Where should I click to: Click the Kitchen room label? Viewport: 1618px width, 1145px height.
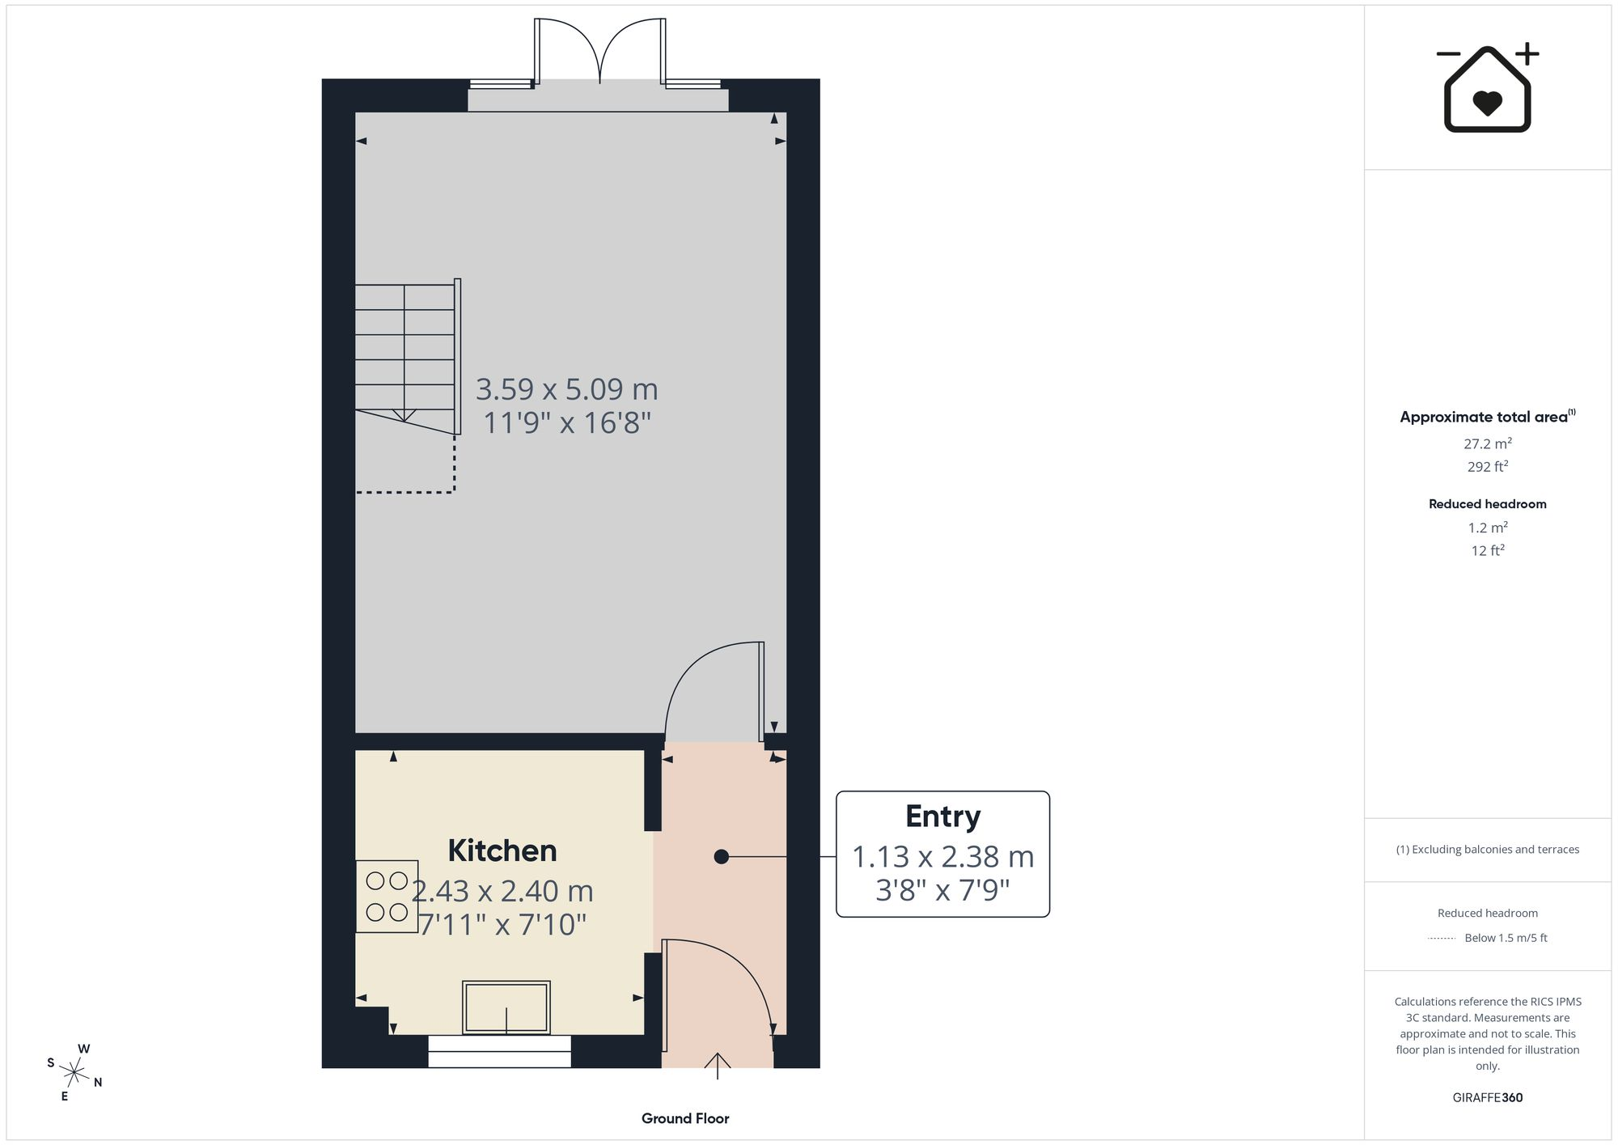(x=502, y=850)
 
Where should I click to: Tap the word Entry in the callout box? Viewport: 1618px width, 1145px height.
(x=942, y=816)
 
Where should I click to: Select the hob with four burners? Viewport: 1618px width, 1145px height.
(x=387, y=896)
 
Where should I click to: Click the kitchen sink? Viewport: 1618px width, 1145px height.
(x=506, y=1007)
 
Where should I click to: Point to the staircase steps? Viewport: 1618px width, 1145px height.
(x=404, y=356)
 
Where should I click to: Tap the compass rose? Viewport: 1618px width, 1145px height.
(x=74, y=1074)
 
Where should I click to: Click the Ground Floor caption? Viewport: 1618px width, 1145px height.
(x=685, y=1118)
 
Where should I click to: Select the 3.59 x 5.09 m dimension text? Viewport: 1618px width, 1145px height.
(x=566, y=389)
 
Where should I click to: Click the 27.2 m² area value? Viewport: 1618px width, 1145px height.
(x=1488, y=443)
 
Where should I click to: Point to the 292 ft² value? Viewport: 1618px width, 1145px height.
(x=1488, y=466)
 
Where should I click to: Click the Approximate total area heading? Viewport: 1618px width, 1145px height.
(x=1488, y=417)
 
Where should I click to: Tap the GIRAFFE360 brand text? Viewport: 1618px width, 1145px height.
(x=1488, y=1098)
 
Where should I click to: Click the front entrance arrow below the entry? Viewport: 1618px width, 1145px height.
(x=718, y=1066)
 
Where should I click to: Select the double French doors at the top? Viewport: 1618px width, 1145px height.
(x=599, y=50)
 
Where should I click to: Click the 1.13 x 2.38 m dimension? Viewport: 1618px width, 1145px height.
(x=942, y=856)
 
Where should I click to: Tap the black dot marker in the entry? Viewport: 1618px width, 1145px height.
(x=722, y=856)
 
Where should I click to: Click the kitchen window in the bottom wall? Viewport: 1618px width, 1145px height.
(x=499, y=1051)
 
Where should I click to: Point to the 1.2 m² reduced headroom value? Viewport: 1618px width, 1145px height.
(x=1488, y=528)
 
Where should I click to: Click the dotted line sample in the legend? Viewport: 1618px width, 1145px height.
(x=1442, y=939)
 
